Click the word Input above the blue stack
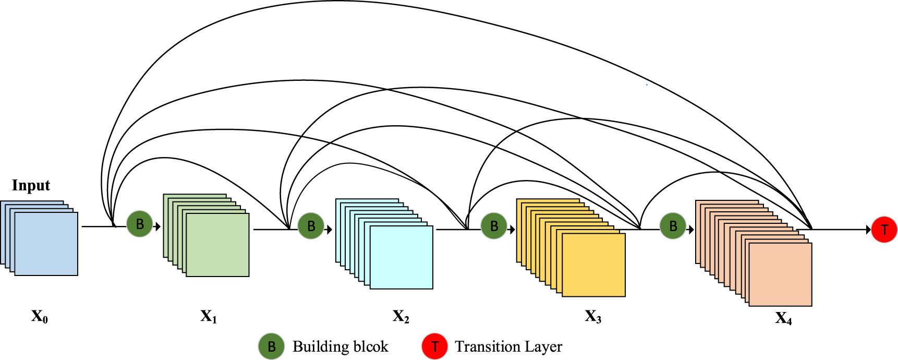click(x=31, y=186)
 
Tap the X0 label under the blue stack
click(x=40, y=316)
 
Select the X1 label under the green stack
click(x=209, y=316)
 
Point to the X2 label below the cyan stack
click(x=401, y=316)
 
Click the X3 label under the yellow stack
click(x=593, y=316)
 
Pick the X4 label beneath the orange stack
click(x=783, y=318)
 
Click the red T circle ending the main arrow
click(x=884, y=230)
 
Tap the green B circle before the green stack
click(x=140, y=224)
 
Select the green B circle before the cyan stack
click(x=311, y=226)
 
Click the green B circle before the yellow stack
click(x=493, y=226)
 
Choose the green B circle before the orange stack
click(x=673, y=226)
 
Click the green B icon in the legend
click(x=271, y=346)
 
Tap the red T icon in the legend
click(x=435, y=346)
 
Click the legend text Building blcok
click(x=340, y=346)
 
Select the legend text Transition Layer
click(x=508, y=346)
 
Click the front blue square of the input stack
click(x=46, y=244)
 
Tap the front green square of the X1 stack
click(x=217, y=245)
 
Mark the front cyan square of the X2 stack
click(x=402, y=257)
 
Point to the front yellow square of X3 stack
click(x=593, y=265)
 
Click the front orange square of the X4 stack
click(x=780, y=274)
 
